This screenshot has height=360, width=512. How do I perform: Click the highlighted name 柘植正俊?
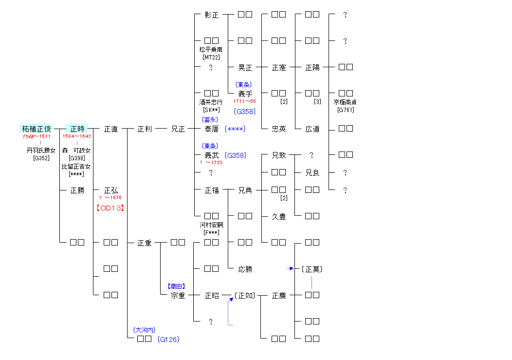37,129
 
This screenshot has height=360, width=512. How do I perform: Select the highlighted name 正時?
77,129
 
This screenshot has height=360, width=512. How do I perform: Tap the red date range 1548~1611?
37,136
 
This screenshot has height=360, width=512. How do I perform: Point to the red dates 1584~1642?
77,136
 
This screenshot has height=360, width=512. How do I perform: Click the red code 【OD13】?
110,208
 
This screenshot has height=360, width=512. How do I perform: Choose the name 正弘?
111,190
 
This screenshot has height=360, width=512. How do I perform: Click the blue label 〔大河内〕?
144,330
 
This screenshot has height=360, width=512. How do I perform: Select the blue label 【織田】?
177,286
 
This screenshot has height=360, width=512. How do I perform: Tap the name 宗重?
178,295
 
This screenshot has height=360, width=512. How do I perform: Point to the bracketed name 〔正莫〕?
311,269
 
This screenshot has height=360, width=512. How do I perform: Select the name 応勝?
245,269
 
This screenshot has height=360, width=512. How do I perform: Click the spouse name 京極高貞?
345,102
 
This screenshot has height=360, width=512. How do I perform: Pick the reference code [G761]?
345,110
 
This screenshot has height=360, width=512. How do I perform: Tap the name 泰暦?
212,129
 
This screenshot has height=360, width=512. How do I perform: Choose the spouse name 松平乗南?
211,50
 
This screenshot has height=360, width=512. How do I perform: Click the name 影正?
212,15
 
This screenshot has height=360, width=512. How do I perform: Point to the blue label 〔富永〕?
210,119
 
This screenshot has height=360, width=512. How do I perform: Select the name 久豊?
279,217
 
